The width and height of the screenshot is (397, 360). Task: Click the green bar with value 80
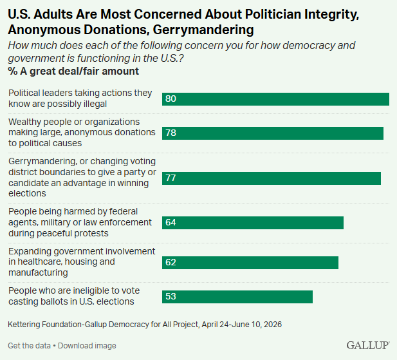(x=275, y=99)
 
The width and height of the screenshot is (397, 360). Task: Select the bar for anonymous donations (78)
(x=273, y=133)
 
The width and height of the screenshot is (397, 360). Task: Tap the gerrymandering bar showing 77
(x=272, y=178)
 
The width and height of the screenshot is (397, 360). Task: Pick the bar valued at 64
(x=253, y=223)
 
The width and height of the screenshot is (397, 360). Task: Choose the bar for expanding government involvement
(x=250, y=263)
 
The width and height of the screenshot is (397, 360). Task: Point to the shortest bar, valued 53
(x=237, y=297)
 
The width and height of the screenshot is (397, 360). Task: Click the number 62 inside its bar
(x=171, y=262)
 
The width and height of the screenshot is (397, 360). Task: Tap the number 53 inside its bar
(x=171, y=296)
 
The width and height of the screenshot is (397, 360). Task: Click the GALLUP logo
(x=368, y=345)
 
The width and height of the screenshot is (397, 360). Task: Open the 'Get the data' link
(x=29, y=346)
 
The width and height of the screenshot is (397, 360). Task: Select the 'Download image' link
(x=87, y=346)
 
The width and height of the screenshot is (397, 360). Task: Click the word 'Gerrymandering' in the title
(x=203, y=30)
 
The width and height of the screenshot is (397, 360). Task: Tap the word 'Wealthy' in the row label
(x=24, y=122)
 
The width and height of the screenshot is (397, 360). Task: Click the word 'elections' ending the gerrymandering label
(x=27, y=193)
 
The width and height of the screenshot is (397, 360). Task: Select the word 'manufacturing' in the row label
(x=38, y=272)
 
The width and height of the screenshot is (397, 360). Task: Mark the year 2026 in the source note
(x=273, y=325)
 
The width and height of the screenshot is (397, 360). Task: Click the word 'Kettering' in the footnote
(x=24, y=325)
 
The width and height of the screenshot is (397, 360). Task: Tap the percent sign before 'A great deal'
(x=12, y=71)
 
